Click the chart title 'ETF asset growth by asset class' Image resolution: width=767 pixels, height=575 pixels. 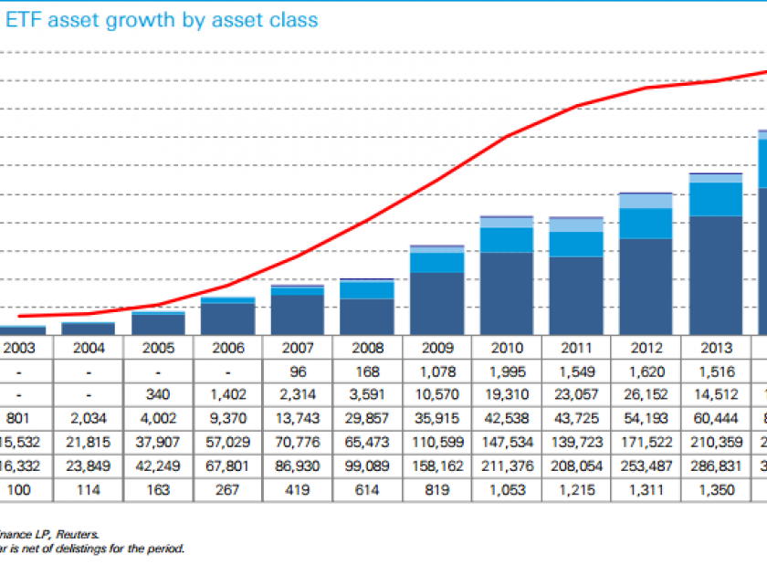163,19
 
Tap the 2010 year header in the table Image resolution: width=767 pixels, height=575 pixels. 507,347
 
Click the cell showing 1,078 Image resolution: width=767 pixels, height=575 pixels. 437,372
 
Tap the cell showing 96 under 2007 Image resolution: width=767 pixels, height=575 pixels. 298,372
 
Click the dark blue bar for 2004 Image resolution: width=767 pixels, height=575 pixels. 89,329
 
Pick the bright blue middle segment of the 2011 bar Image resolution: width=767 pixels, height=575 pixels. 576,244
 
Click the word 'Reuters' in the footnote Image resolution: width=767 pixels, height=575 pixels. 81,535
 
